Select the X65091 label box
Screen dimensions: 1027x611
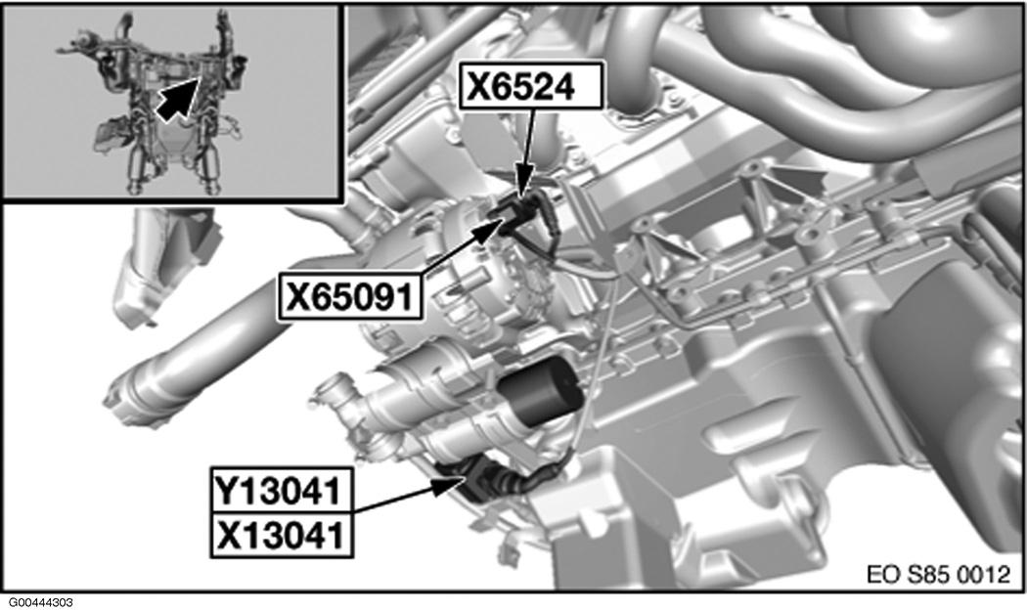click(x=349, y=297)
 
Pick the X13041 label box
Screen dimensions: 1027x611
click(x=281, y=535)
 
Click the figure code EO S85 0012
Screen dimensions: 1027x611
click(x=938, y=574)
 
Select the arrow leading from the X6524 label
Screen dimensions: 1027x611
click(x=528, y=152)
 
